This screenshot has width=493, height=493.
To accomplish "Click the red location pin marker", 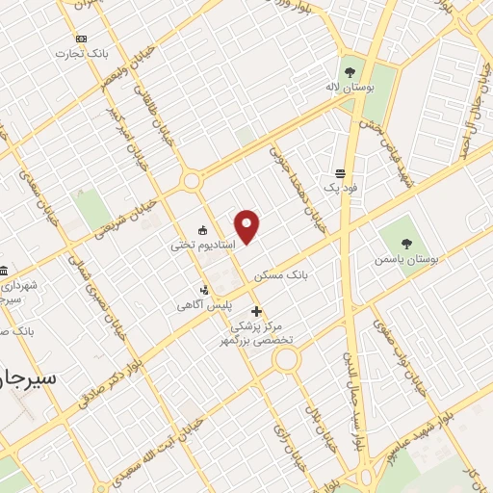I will click(247, 226).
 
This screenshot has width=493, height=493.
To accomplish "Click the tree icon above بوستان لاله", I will click(349, 71).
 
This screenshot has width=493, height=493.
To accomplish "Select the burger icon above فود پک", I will click(341, 174).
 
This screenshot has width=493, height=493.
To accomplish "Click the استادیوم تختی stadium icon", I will click(203, 229).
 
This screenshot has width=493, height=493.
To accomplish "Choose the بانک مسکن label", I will click(281, 274).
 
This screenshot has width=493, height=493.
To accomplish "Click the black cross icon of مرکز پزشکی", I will click(256, 311).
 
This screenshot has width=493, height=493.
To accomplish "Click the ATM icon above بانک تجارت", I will click(80, 39).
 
